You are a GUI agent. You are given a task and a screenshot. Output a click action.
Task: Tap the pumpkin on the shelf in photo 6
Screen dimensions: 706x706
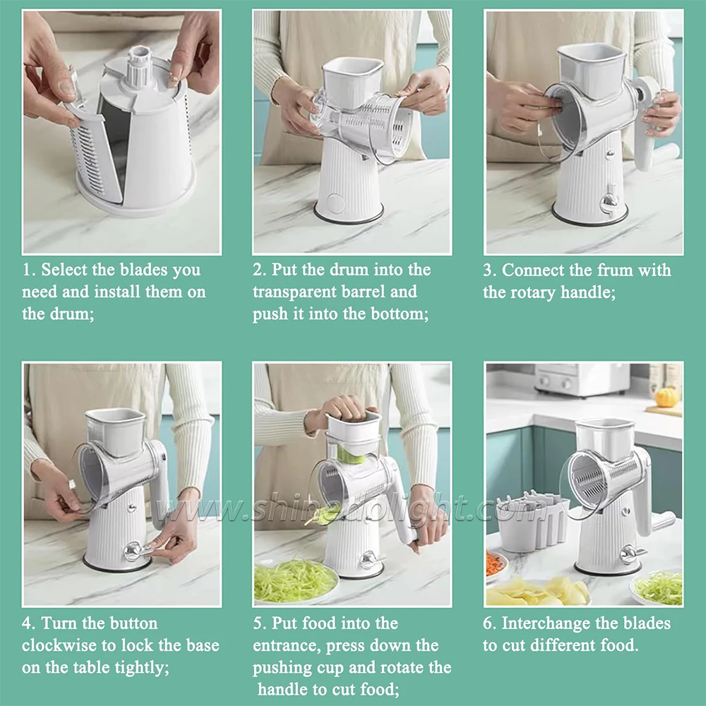(665, 397)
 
